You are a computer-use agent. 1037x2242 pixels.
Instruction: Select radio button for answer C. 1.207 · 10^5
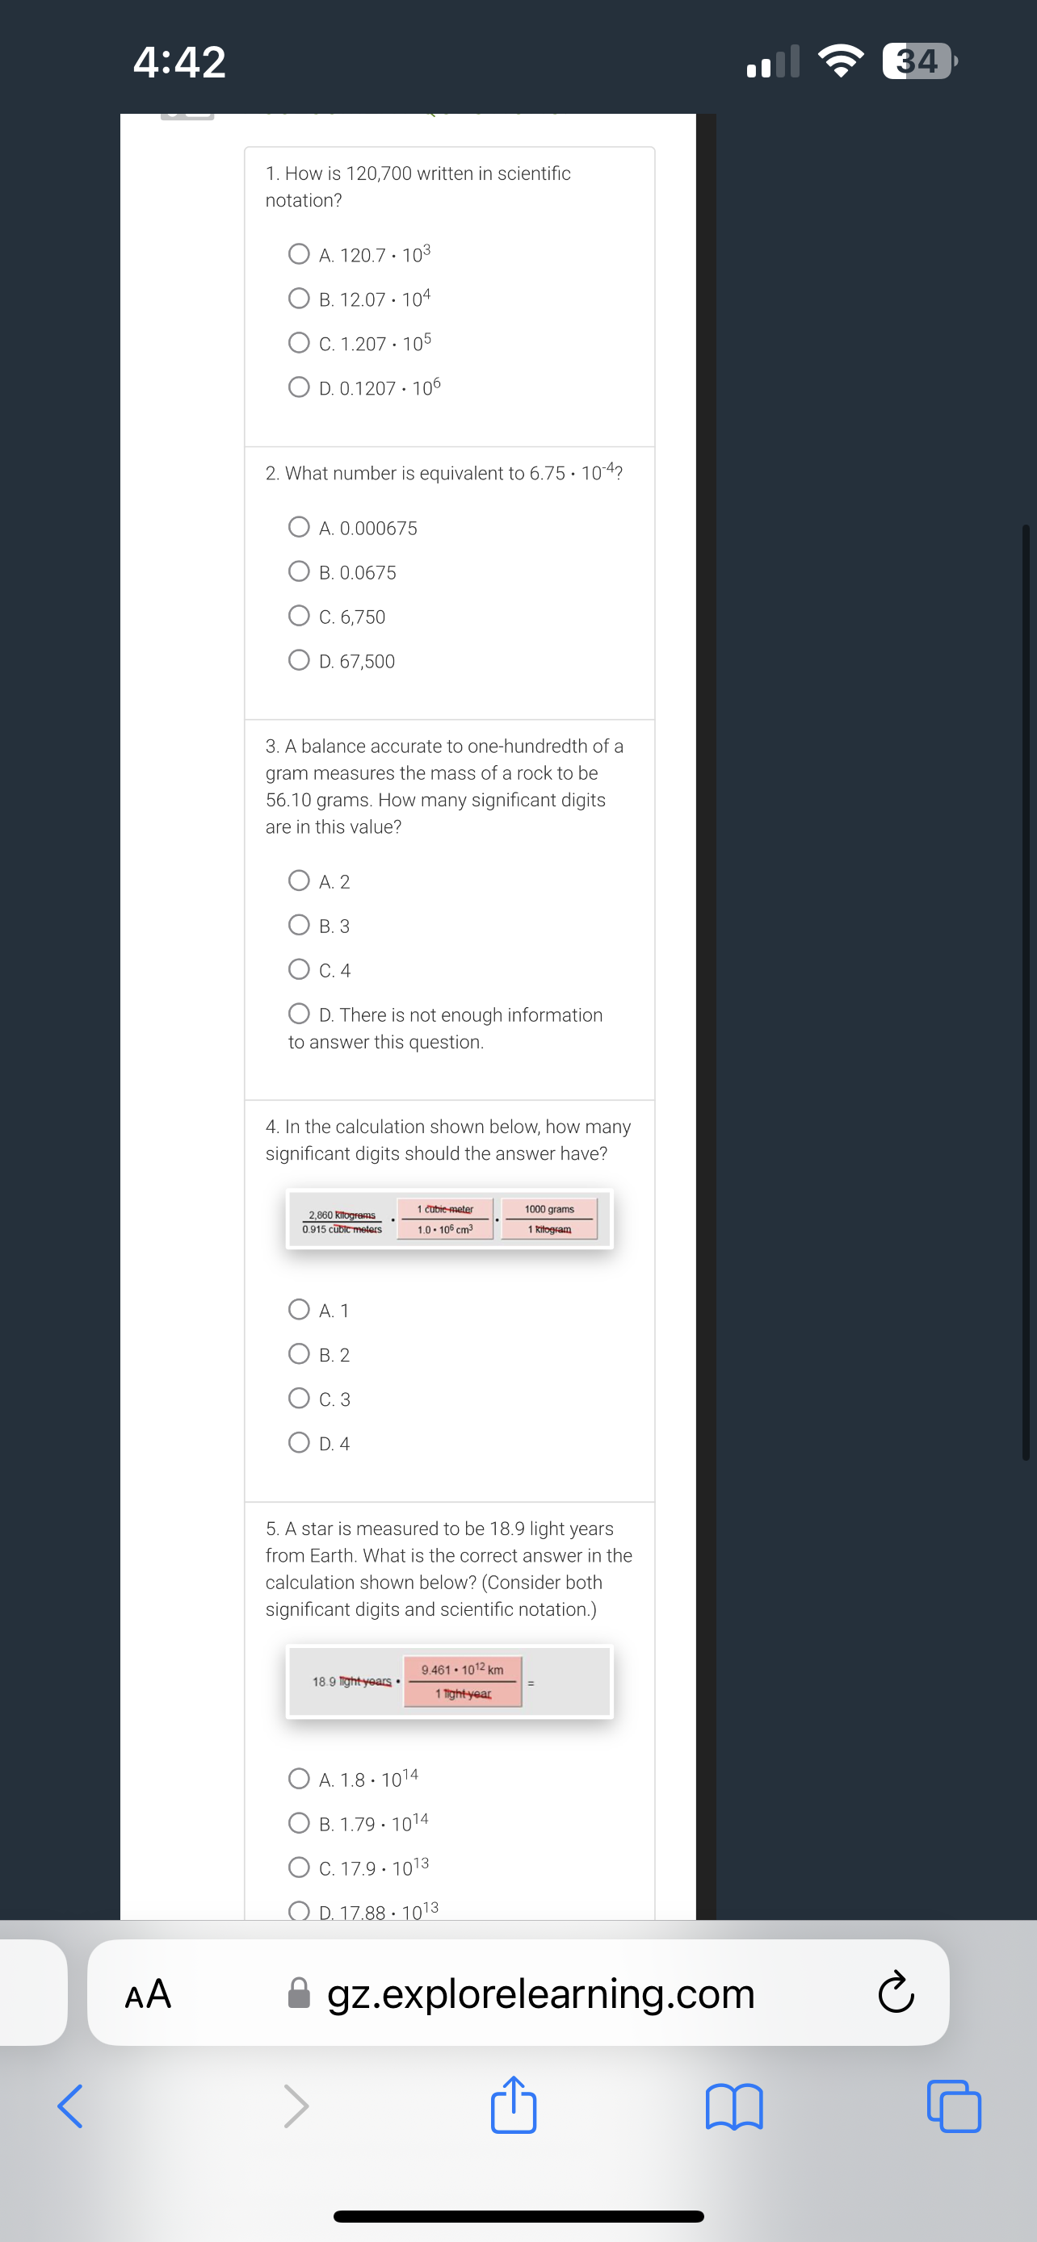click(299, 343)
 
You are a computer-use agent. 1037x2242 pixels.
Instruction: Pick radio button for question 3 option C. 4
click(299, 969)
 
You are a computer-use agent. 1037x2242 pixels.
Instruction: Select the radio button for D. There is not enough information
click(299, 1014)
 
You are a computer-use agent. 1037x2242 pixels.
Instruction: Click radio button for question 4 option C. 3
click(299, 1399)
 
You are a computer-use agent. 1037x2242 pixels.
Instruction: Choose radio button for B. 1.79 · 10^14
click(299, 1823)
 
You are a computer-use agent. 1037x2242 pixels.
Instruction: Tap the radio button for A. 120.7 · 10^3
click(299, 254)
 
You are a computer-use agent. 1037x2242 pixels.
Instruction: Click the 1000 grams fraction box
click(549, 1219)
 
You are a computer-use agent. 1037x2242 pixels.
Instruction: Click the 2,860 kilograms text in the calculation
click(342, 1215)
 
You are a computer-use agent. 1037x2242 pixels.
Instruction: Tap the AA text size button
click(148, 1994)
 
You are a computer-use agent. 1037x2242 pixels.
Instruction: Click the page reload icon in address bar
click(895, 1994)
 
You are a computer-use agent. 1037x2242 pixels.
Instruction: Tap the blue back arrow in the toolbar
click(70, 2107)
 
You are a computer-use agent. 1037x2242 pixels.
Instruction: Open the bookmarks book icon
click(734, 2107)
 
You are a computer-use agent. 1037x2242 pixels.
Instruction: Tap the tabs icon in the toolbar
click(955, 2107)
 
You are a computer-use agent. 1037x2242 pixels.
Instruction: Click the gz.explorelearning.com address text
click(539, 1994)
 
